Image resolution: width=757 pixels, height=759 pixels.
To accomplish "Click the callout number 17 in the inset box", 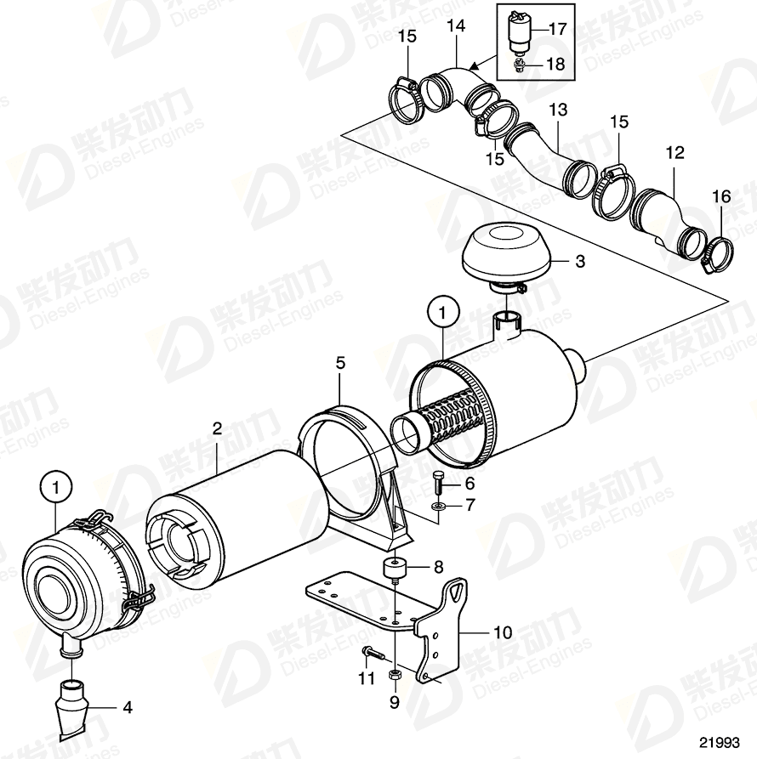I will pyautogui.click(x=556, y=29).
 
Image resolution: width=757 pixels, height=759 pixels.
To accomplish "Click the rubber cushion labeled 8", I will pyautogui.click(x=395, y=569).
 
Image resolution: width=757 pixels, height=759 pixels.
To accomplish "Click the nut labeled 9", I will pyautogui.click(x=395, y=677).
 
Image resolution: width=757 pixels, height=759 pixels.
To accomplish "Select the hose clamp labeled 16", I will pyautogui.click(x=718, y=252).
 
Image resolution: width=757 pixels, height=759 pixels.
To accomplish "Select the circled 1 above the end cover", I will pyautogui.click(x=56, y=489).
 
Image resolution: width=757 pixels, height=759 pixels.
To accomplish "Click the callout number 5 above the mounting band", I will pyautogui.click(x=339, y=363).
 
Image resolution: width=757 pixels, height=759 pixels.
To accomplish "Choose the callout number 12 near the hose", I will pyautogui.click(x=674, y=154).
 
